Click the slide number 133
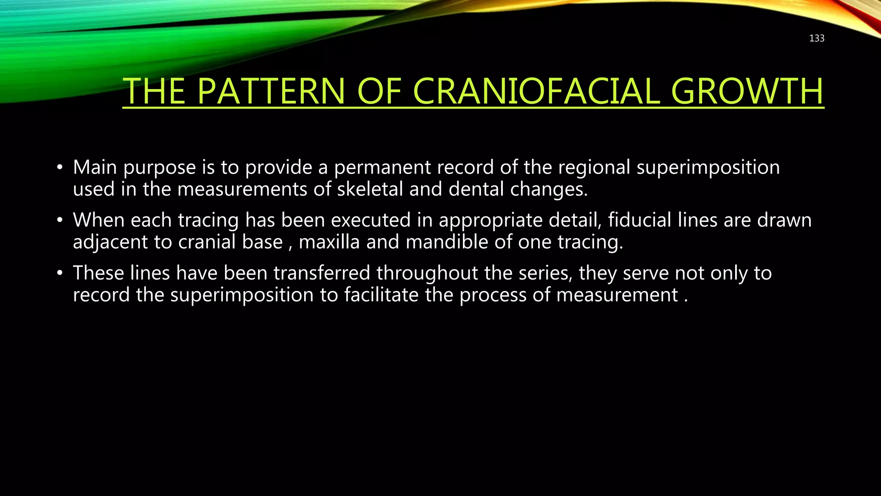(816, 38)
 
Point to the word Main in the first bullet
(95, 167)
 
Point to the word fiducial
(640, 220)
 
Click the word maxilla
(329, 242)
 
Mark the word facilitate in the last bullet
(381, 295)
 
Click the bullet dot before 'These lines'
(60, 273)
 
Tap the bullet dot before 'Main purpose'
(60, 167)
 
